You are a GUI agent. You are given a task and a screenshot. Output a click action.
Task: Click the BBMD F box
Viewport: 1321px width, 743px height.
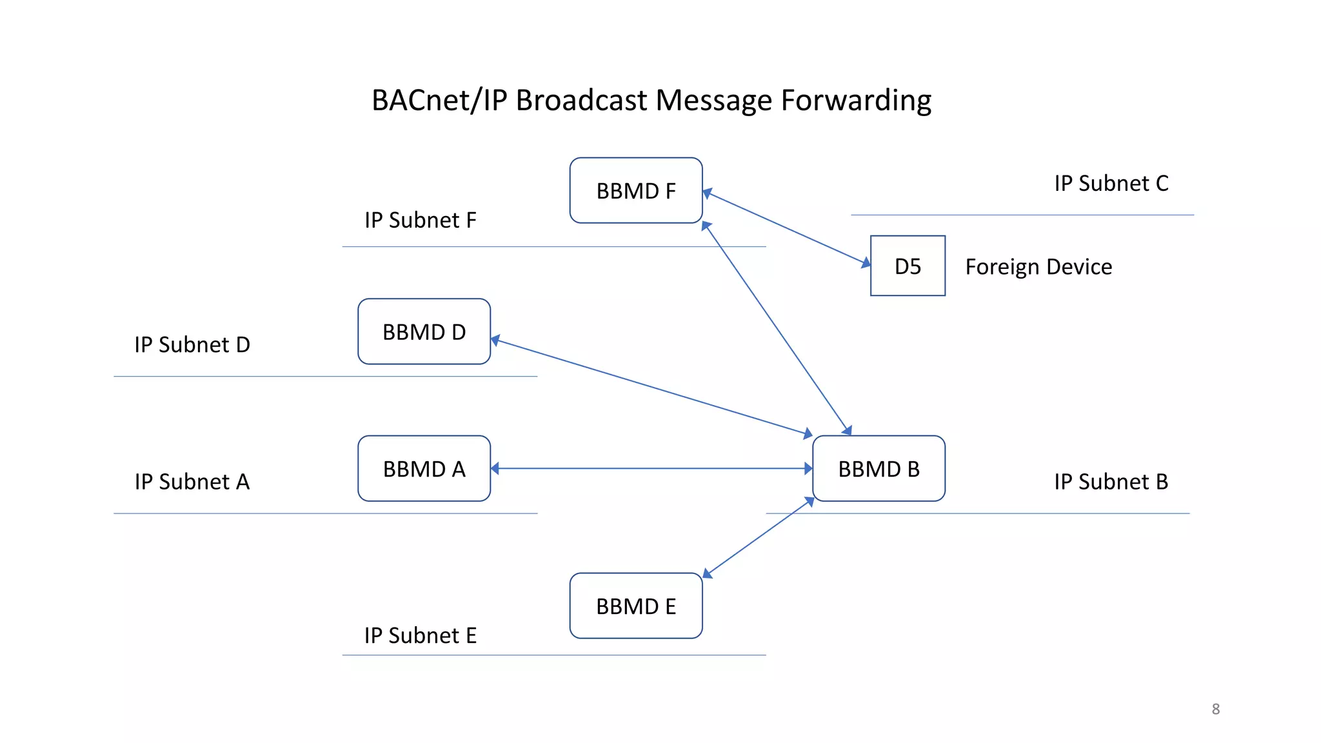[636, 190]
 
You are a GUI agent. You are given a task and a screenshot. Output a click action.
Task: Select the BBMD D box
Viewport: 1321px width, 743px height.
[424, 332]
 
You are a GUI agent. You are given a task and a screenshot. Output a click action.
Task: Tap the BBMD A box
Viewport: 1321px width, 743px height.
[424, 468]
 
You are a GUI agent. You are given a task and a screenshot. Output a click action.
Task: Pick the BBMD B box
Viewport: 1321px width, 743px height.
[879, 468]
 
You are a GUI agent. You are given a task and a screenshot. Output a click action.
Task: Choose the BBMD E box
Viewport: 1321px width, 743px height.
[636, 606]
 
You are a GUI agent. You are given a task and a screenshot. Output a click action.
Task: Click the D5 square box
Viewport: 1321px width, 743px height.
[908, 266]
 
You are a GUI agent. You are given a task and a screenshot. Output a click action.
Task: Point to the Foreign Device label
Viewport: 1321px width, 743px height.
[1038, 266]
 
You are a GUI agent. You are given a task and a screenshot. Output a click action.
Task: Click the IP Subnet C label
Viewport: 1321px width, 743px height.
[1111, 183]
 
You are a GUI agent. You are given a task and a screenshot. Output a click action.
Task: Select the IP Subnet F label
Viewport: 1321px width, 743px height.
[420, 220]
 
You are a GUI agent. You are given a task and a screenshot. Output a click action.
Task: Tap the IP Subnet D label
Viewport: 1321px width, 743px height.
[192, 344]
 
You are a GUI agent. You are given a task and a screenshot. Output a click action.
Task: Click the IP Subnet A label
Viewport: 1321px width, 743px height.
[192, 481]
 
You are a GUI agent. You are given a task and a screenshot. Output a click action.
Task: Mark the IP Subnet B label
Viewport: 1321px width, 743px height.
[1111, 481]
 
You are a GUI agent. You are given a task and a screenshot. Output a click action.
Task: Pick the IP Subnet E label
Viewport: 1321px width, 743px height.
[420, 635]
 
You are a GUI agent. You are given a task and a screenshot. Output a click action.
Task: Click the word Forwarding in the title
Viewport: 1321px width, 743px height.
[856, 101]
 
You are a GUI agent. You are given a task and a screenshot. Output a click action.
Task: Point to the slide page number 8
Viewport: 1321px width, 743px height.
[1215, 709]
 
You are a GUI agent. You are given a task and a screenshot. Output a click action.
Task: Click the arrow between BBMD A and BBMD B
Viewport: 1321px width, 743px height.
[651, 468]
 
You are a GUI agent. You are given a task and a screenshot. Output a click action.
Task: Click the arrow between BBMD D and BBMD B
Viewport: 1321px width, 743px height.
[651, 386]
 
